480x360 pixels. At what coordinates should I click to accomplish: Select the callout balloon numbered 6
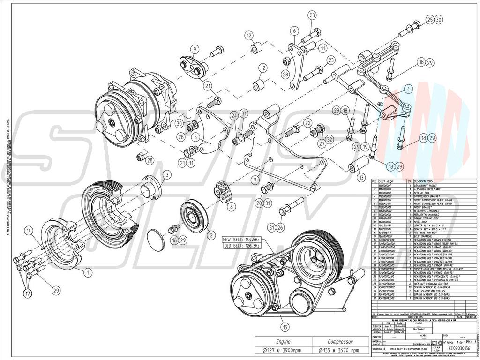pos(294,31)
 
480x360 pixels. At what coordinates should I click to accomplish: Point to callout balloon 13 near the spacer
pos(360,178)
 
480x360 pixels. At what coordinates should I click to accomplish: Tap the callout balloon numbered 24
pos(233,115)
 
